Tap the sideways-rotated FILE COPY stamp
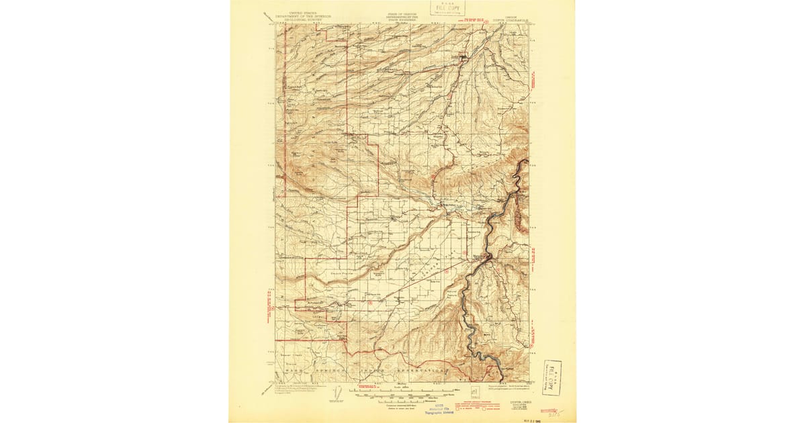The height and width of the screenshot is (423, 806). [552, 377]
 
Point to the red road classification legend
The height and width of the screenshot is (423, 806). [484, 406]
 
